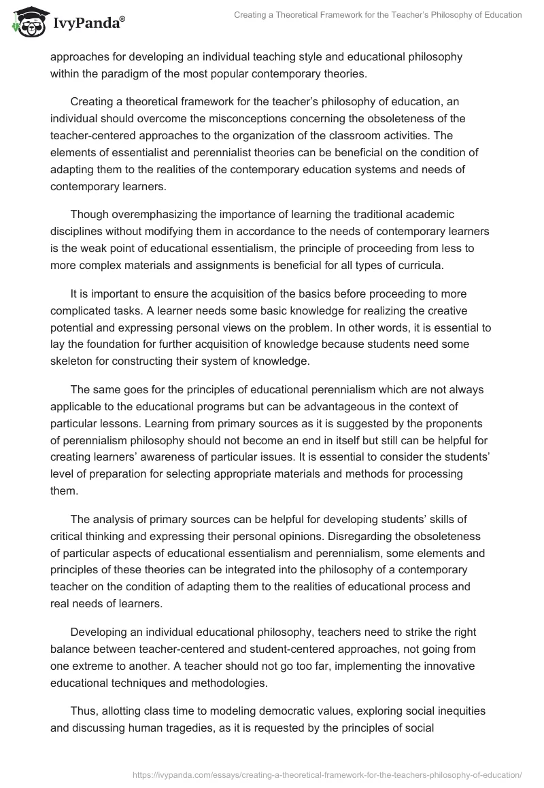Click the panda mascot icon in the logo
[x=26, y=21]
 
